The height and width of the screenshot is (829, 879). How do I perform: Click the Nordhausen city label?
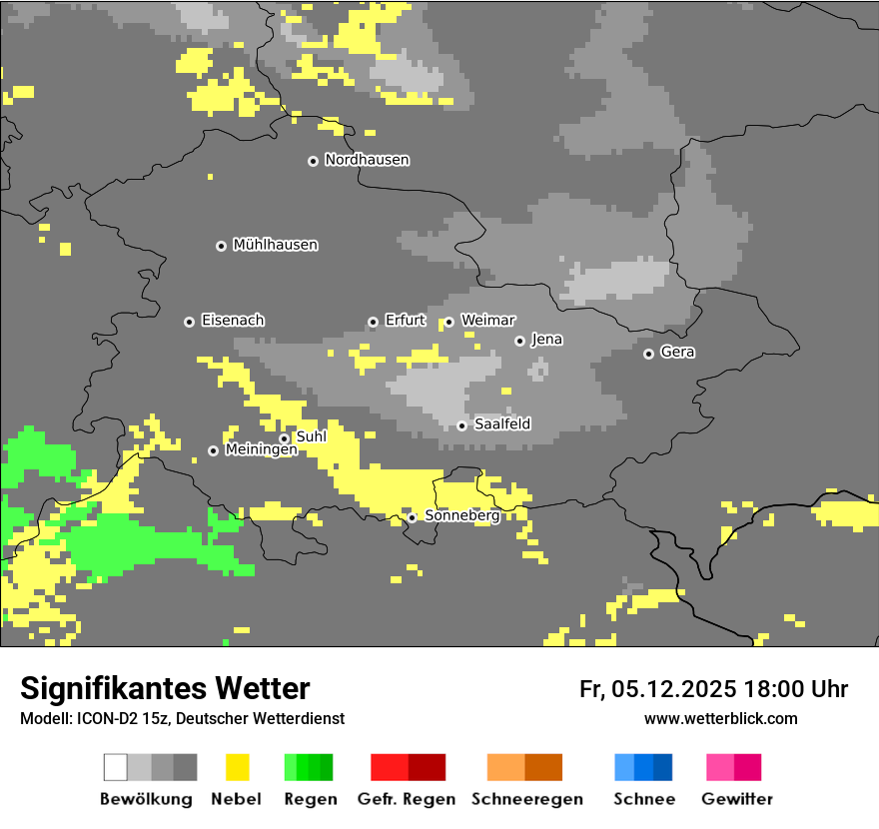[x=367, y=160]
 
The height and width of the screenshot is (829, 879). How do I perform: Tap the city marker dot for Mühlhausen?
[x=221, y=246]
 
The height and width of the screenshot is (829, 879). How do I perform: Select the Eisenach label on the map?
[x=233, y=321]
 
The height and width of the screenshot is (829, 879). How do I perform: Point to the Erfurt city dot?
[x=373, y=322]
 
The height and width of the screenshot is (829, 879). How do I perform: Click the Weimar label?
[x=487, y=321]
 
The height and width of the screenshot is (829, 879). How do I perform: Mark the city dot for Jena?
[x=519, y=341]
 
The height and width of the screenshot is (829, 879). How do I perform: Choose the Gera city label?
[x=677, y=353]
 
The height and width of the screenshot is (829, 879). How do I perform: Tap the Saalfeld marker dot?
[x=461, y=425]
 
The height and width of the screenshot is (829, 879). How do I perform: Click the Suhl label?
[x=311, y=436]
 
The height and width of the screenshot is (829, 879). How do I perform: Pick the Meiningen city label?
[x=261, y=450]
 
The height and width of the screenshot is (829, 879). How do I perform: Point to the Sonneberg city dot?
[x=412, y=517]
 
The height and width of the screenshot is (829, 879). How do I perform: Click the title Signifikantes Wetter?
[x=165, y=689]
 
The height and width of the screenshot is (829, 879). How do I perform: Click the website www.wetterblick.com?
[x=720, y=719]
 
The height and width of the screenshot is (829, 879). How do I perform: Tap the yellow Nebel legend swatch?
[x=237, y=767]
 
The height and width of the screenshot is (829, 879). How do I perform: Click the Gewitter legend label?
[x=736, y=799]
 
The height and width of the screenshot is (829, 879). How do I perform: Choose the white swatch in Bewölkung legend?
[x=116, y=767]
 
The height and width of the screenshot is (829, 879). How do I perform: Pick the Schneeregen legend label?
[x=526, y=799]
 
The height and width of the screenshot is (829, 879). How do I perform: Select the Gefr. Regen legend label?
[x=406, y=799]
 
